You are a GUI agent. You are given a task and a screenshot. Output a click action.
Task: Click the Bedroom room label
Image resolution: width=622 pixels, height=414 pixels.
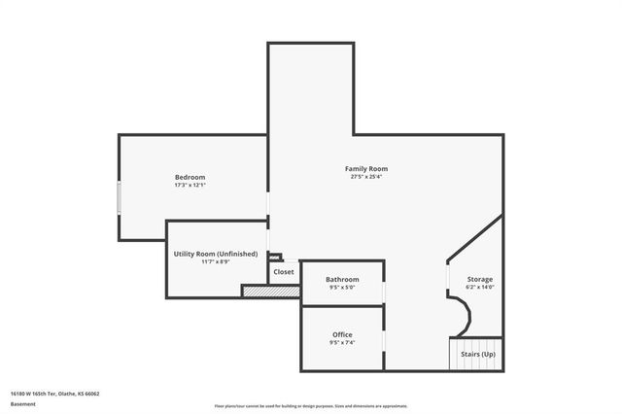190,177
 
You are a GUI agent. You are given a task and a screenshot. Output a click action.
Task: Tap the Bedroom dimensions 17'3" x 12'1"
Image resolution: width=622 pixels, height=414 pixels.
190,186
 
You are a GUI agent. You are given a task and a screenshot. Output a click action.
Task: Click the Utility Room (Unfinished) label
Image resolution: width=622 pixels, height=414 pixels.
216,254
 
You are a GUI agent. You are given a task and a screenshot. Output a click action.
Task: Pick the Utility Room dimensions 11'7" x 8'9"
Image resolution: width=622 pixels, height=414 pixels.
216,262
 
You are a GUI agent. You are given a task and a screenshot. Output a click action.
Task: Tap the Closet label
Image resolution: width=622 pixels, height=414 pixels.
284,272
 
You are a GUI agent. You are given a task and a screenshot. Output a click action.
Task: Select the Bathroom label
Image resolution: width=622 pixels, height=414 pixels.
342,279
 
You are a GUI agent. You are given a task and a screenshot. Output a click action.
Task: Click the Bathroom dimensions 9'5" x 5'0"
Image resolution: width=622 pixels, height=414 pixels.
342,288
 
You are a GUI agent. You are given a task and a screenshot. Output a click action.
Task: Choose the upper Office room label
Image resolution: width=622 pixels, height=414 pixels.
342,334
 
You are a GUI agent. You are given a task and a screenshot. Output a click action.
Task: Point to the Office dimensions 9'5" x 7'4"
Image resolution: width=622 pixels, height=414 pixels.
342,343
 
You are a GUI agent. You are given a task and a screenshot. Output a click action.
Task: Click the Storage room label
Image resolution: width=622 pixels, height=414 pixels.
480,279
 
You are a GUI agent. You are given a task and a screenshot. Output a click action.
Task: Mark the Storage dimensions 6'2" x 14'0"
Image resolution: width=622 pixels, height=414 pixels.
480,288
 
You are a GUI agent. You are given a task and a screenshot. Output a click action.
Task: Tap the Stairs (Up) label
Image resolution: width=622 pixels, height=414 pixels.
478,355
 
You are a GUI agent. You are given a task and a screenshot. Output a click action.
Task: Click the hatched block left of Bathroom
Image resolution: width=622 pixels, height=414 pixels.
269,291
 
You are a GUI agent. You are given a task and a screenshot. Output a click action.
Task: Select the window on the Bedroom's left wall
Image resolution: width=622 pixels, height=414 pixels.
119,199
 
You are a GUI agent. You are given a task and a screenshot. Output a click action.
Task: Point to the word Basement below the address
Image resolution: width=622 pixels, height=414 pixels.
23,403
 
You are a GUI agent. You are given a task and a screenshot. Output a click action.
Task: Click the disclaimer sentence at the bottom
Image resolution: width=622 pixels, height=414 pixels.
311,405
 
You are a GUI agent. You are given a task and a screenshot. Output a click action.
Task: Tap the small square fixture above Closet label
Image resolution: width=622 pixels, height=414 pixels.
275,258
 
